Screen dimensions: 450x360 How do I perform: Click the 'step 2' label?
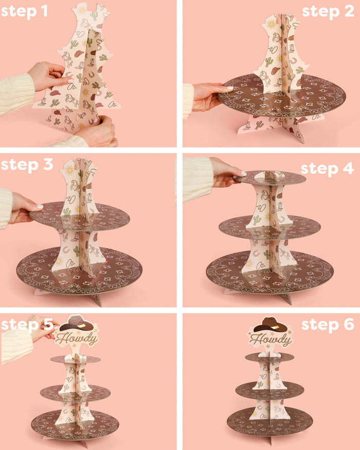[x=328, y=11]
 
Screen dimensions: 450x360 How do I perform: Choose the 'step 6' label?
[x=327, y=325]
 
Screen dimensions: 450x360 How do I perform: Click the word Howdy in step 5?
[x=77, y=339]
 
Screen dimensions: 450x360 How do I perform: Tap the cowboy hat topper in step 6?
[x=269, y=325]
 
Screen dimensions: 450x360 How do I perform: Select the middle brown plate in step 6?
[x=269, y=391]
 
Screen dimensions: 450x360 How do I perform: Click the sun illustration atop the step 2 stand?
[x=271, y=23]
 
